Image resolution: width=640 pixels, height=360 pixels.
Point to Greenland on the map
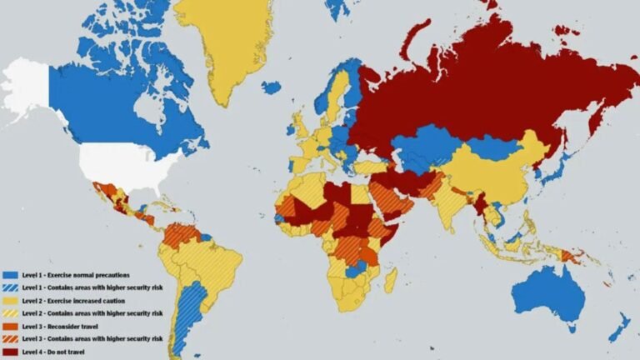tap(223, 42)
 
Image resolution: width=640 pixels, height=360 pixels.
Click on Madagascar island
tap(390, 279)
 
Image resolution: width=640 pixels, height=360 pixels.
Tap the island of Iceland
tap(271, 87)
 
